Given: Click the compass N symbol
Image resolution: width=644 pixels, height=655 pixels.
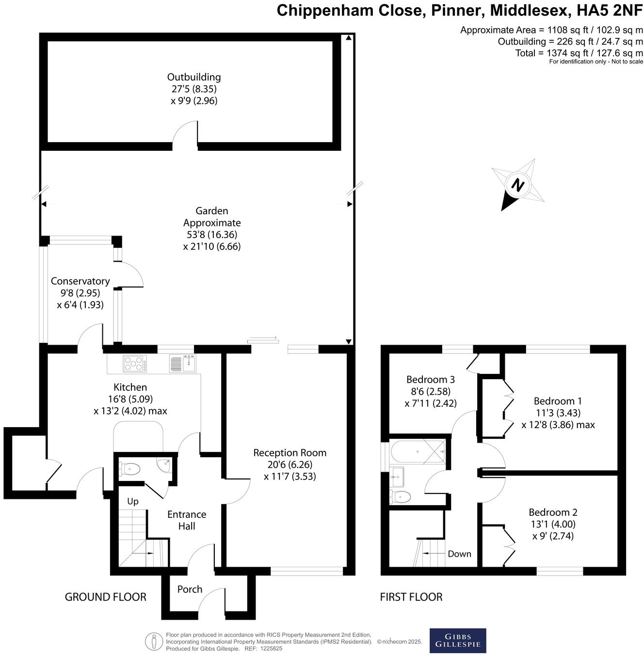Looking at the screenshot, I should [518, 185].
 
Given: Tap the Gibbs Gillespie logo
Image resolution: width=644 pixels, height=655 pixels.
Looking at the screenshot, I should [458, 640].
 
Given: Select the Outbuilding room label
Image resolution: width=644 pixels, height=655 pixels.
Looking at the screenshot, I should [194, 77].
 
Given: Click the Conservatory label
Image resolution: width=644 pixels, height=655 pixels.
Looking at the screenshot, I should [80, 281].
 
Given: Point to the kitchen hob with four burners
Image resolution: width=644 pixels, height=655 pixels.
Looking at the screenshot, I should [135, 364].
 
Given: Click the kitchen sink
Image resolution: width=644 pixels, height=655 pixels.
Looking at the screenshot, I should [183, 363].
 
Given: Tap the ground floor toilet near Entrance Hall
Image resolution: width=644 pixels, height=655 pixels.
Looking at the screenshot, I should [130, 469].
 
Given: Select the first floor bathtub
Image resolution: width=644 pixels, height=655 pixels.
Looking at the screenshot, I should [418, 451].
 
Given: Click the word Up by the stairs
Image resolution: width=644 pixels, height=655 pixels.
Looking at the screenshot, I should [133, 501].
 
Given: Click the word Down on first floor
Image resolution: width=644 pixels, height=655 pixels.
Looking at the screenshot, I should [459, 554].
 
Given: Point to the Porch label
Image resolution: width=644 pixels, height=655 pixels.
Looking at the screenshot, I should [190, 589].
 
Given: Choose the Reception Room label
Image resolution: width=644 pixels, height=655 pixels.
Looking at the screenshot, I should [290, 453].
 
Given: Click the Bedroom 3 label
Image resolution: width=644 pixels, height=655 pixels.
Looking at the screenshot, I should [431, 379].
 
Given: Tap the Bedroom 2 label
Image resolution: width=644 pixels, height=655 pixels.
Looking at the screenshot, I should [553, 512].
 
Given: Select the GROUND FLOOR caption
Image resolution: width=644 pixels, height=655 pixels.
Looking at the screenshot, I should [106, 597].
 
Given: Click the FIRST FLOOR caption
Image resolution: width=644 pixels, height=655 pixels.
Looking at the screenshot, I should [411, 597].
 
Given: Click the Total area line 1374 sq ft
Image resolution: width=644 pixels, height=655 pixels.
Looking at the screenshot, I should [579, 53].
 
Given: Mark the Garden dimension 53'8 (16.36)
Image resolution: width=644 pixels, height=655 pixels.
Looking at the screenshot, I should [212, 235].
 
